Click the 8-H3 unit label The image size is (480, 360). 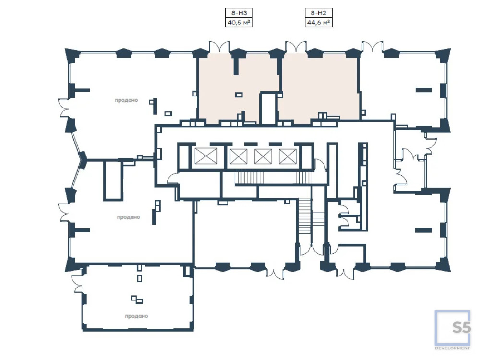[x=239, y=13]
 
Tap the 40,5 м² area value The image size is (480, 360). [x=239, y=23]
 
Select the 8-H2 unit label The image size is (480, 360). [x=318, y=13]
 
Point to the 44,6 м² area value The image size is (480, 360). [x=318, y=23]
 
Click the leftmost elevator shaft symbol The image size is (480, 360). [x=206, y=156]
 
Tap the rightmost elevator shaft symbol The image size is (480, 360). [x=288, y=156]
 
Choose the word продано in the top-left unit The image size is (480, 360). [x=126, y=100]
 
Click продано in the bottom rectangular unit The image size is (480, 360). [x=136, y=316]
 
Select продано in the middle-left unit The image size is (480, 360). [x=128, y=217]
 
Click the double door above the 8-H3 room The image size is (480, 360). [x=219, y=47]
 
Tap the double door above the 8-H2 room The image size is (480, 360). [x=296, y=47]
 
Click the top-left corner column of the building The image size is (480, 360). [x=72, y=55]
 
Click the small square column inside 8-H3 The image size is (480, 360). [x=239, y=95]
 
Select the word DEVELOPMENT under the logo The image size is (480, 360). [x=453, y=348]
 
